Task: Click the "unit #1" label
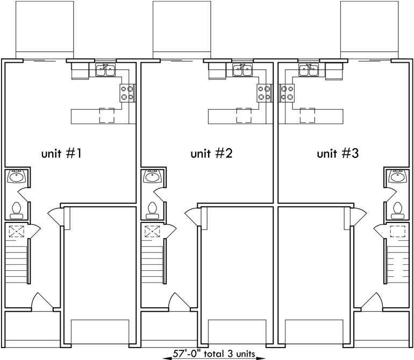click(61, 154)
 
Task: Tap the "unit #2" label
click(211, 154)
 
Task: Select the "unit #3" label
click(338, 154)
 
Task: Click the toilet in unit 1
click(16, 210)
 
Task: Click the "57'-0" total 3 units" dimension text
click(207, 354)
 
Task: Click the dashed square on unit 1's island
click(107, 116)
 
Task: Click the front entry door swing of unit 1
click(41, 302)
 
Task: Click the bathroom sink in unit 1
click(16, 176)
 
